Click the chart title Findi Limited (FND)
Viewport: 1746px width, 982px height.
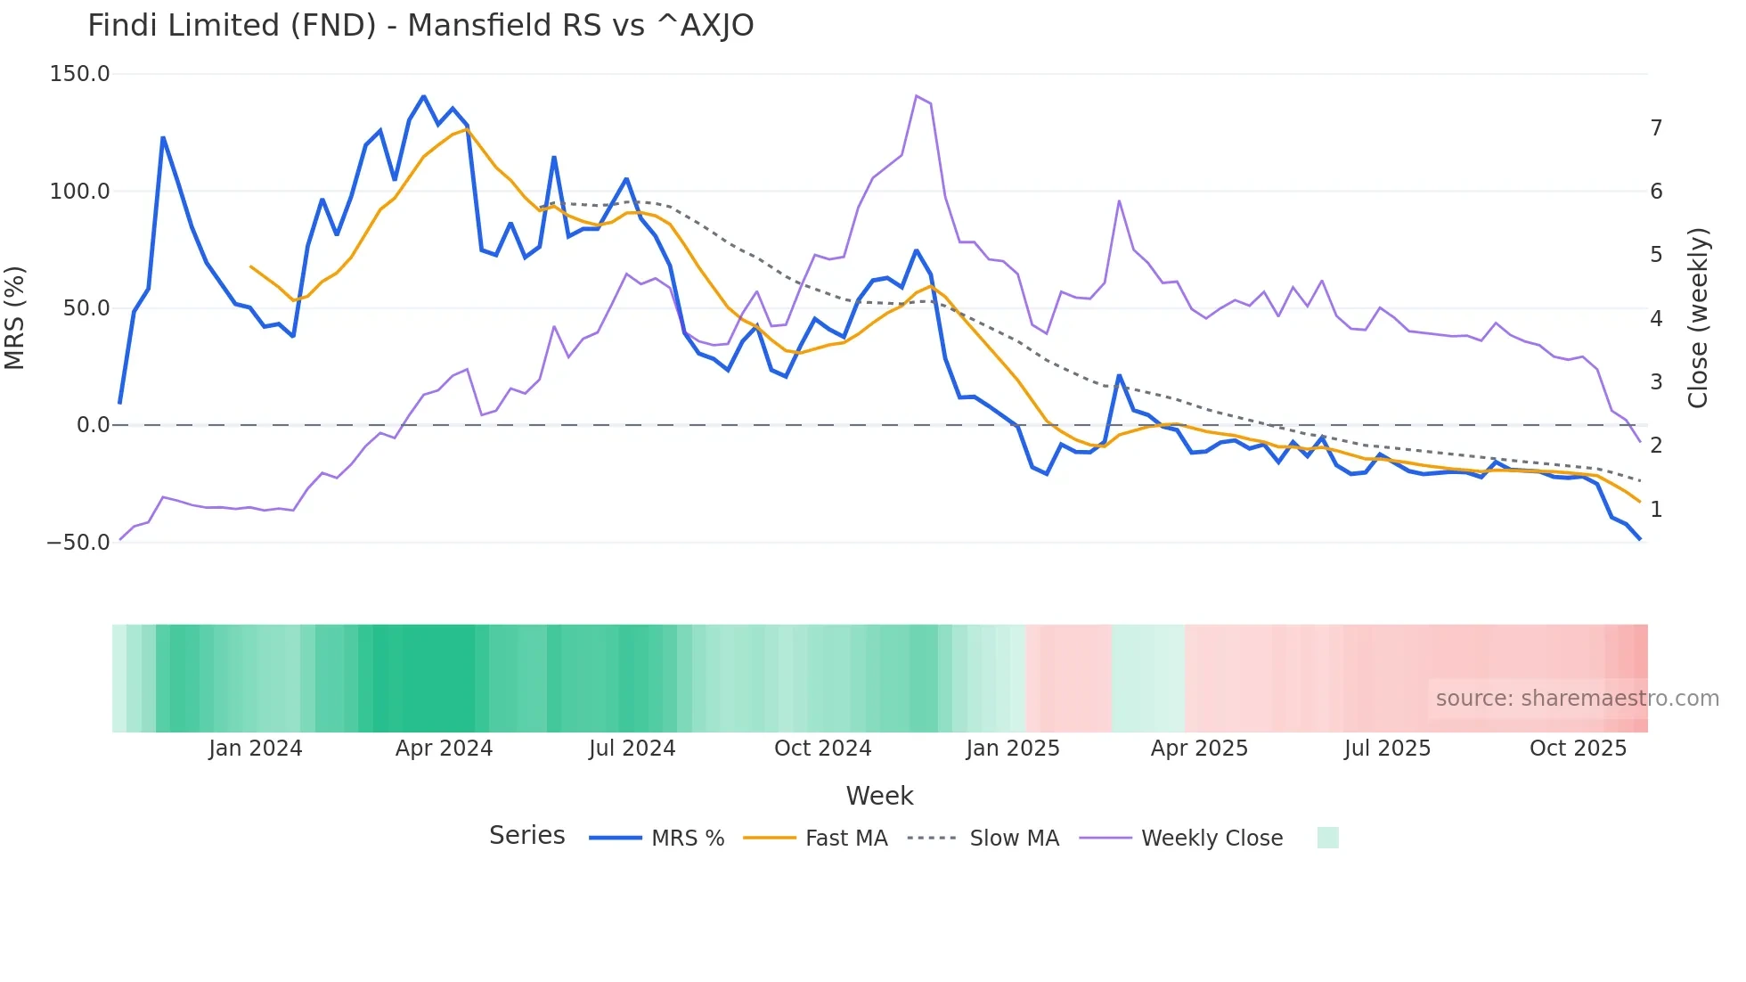pyautogui.click(x=420, y=26)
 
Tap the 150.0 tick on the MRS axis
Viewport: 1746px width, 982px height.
pyautogui.click(x=79, y=74)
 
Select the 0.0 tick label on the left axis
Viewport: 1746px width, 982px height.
pyautogui.click(x=93, y=425)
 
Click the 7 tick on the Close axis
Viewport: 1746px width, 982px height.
pyautogui.click(x=1656, y=128)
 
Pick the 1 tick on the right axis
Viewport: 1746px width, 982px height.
pyautogui.click(x=1656, y=510)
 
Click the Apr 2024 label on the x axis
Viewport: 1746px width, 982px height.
pyautogui.click(x=444, y=749)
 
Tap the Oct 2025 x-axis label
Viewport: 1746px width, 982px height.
pyautogui.click(x=1578, y=749)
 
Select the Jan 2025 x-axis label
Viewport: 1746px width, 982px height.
pyautogui.click(x=1013, y=749)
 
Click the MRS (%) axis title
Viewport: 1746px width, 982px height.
pyautogui.click(x=15, y=317)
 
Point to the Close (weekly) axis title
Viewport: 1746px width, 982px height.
pyautogui.click(x=1698, y=317)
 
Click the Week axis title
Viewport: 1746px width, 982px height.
pyautogui.click(x=879, y=796)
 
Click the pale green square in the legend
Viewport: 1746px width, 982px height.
pyautogui.click(x=1327, y=838)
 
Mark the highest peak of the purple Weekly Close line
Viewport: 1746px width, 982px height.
pyautogui.click(x=917, y=96)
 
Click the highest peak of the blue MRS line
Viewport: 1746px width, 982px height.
pyautogui.click(x=423, y=96)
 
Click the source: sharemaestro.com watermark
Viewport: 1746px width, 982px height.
pyautogui.click(x=1577, y=699)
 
